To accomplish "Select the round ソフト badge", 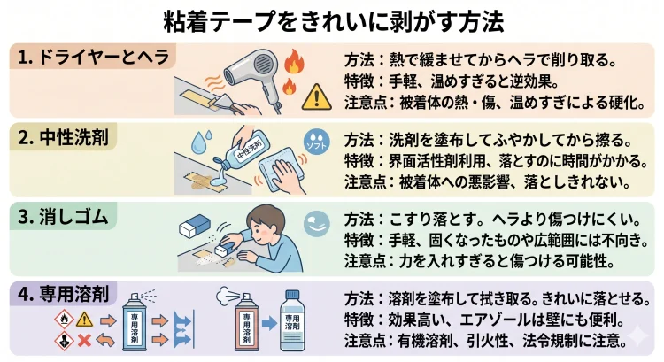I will (316, 143).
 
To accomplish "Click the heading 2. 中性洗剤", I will (66, 136).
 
